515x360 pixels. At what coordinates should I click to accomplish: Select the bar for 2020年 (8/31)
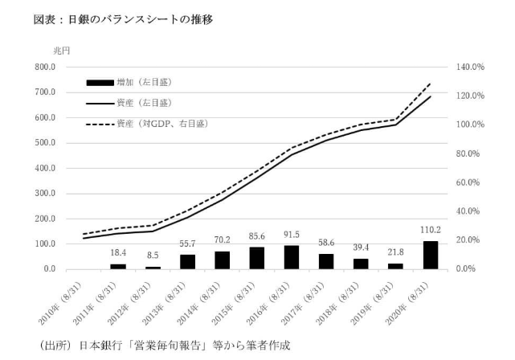[x=430, y=255]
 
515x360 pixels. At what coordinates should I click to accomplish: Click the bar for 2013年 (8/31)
[x=187, y=261]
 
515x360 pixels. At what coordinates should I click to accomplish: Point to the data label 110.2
[x=430, y=231]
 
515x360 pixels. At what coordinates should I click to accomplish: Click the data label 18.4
[x=118, y=252]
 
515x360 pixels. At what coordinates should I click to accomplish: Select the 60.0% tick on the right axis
[x=467, y=182]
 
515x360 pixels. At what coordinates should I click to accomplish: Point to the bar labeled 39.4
[x=360, y=264]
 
